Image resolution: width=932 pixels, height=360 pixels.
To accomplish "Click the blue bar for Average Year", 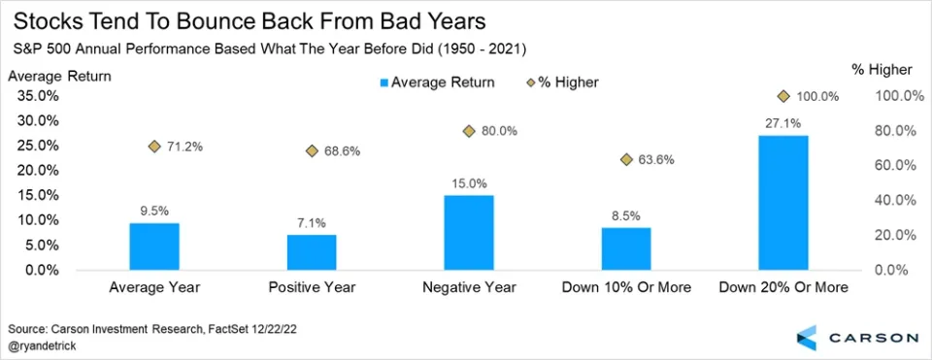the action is (154, 246).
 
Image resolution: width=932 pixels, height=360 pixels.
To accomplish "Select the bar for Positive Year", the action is (312, 252).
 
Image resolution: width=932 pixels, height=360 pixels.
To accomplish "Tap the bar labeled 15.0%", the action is (469, 233).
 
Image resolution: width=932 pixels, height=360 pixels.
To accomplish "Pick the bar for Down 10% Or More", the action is (626, 249).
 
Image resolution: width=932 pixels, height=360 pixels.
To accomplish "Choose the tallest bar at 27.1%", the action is (783, 203).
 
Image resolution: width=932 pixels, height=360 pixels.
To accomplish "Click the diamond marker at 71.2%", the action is (154, 147).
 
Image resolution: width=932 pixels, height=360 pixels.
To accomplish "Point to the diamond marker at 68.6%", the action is (312, 151).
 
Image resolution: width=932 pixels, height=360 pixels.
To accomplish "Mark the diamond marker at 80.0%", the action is (469, 131).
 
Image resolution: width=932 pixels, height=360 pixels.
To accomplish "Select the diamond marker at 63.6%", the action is (626, 159).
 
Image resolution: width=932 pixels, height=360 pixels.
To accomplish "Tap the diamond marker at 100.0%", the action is (783, 96).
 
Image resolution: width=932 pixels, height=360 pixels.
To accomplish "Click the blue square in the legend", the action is (384, 83).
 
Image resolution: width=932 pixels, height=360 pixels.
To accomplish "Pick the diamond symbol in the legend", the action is (531, 82).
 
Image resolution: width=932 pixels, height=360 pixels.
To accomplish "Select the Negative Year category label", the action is (470, 287).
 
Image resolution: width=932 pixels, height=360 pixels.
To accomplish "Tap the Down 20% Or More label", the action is (783, 287).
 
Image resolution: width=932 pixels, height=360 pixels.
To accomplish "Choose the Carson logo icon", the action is (807, 338).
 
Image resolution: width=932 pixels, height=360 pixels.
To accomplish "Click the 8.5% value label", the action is (626, 216).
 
